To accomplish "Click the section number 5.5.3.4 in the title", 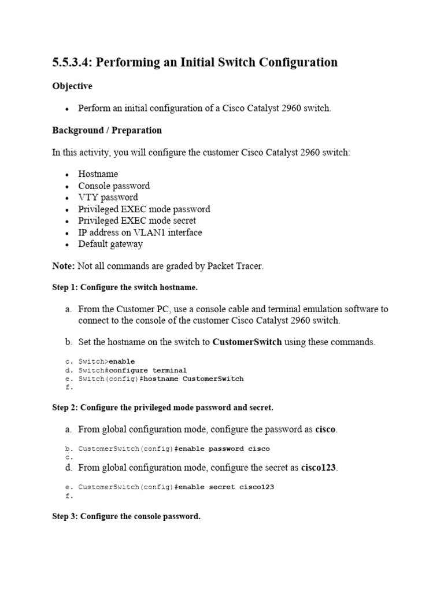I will [71, 62].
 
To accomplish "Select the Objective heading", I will [72, 86].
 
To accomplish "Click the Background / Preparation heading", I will [107, 130].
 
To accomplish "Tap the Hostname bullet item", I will [98, 174].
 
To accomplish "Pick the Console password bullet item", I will [114, 186].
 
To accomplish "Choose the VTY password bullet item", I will [108, 197].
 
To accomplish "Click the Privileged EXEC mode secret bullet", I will [137, 220].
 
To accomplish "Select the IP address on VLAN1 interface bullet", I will [140, 232].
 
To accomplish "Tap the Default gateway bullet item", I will [110, 243].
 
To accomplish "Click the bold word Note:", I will [63, 265].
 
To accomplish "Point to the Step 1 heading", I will [125, 287].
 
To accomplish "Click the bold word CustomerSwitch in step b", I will [247, 342].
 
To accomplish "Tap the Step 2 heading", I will [162, 408].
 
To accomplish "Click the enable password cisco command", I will [223, 449].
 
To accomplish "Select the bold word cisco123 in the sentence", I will [318, 467].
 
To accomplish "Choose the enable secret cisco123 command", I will [225, 487].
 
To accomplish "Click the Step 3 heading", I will [126, 516].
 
